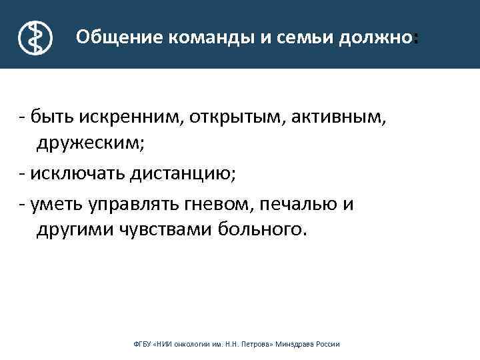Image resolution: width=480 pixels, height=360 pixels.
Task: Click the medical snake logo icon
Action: tap(33, 37)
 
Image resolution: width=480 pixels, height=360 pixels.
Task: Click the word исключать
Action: tap(70, 173)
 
